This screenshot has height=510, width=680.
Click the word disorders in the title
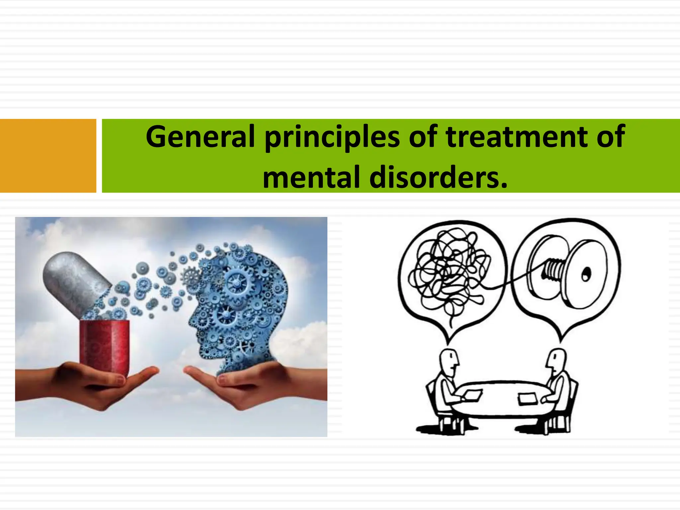(x=438, y=177)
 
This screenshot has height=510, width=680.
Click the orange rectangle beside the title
(x=48, y=156)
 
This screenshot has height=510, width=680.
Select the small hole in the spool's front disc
(x=585, y=274)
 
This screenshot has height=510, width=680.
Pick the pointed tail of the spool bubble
(x=561, y=337)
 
